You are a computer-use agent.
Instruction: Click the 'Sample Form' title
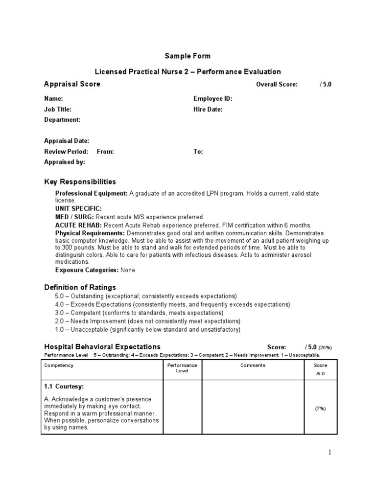tap(188, 56)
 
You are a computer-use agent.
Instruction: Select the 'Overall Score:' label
tap(277, 85)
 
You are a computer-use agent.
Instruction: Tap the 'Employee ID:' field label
tap(212, 99)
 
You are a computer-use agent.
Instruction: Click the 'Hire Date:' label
tap(208, 110)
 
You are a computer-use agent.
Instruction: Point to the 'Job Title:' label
tap(57, 110)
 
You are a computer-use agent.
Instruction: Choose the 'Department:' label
tap(62, 120)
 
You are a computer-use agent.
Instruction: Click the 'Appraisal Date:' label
tap(67, 141)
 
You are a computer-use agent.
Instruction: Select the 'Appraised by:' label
tap(65, 162)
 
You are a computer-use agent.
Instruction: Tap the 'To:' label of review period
tap(198, 152)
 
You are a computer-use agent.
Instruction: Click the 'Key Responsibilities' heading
tap(80, 182)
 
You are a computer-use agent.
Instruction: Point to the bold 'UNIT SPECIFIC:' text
tap(78, 208)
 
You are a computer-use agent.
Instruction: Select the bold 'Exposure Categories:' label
tap(87, 270)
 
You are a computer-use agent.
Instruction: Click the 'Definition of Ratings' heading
tap(80, 287)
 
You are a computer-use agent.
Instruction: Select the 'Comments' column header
tap(253, 365)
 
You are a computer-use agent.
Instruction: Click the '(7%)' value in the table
tap(321, 409)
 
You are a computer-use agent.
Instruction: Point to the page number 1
tap(330, 453)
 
